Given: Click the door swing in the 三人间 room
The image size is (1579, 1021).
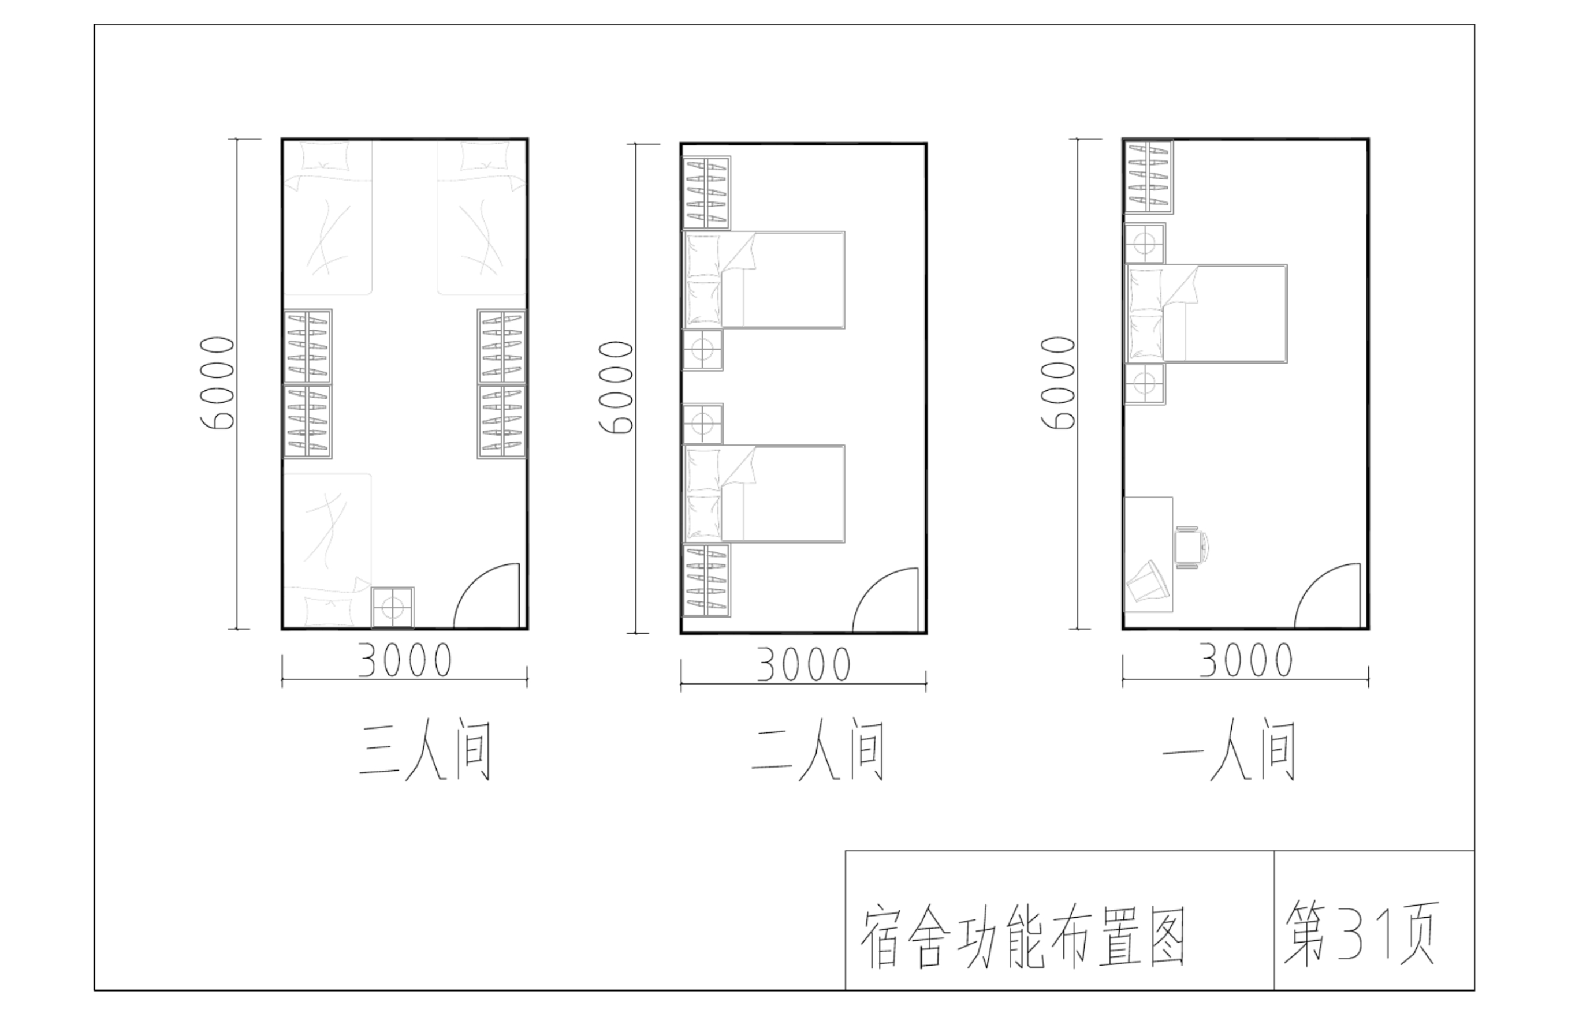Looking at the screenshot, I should coord(487,597).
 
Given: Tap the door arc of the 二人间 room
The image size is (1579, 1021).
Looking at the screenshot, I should coord(887,601).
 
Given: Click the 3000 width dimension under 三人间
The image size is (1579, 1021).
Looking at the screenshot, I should coord(405,660).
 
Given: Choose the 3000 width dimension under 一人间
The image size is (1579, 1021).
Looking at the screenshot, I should coord(1246,660).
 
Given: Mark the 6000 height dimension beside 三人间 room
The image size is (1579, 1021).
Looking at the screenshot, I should coord(218,383).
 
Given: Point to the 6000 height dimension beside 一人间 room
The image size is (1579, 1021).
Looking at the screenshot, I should coord(1058,383).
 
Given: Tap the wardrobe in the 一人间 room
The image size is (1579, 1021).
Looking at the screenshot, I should coord(1148,177).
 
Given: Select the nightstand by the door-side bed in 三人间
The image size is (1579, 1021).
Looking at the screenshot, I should coord(393,607).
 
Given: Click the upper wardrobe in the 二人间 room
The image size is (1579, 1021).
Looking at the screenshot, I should coord(706,193).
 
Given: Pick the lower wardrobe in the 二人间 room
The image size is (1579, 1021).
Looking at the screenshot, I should coord(706,581).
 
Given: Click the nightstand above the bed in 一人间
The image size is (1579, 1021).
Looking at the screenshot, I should coord(1145,244).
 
